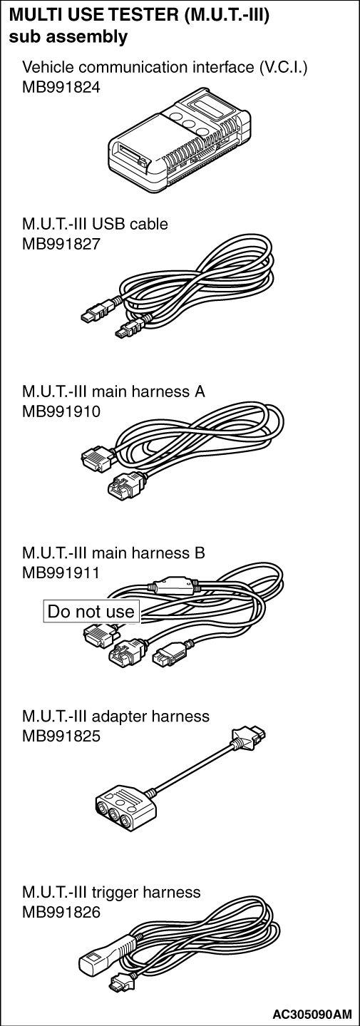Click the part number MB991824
tap(61, 87)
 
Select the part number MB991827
tap(61, 244)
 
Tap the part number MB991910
tap(61, 411)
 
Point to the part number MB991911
tap(61, 573)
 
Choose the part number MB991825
tap(61, 736)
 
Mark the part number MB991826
tap(61, 912)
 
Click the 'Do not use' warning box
tap(91, 612)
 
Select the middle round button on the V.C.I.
tap(187, 123)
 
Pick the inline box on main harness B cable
tap(172, 585)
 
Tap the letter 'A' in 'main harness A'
tap(200, 391)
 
